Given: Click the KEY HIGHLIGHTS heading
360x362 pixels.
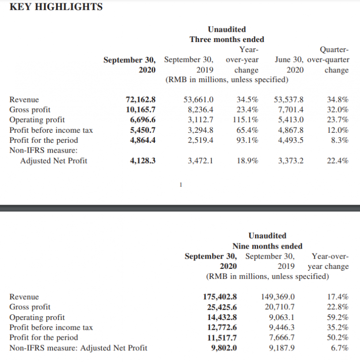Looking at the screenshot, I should (56, 7).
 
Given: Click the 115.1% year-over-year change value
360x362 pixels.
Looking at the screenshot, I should (247, 120).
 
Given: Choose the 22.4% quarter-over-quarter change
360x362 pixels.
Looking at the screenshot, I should (338, 161).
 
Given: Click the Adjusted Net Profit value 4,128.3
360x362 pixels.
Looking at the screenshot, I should (142, 161).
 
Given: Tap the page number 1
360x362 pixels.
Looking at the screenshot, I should (180, 184).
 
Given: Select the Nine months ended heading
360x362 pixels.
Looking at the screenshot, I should (267, 246).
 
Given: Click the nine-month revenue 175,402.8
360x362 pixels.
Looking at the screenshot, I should (220, 297).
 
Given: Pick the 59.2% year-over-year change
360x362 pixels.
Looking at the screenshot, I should (338, 317).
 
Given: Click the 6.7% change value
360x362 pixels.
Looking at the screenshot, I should (340, 348).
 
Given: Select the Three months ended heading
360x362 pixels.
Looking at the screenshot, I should (227, 39).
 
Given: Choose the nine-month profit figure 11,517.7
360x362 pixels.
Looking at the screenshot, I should (222, 337).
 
